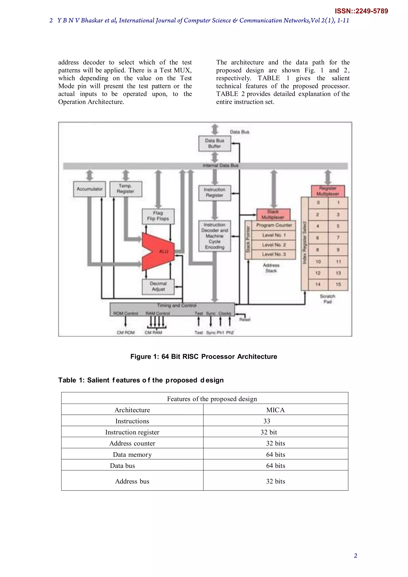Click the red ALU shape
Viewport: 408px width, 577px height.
158,252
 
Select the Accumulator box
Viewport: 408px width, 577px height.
90,189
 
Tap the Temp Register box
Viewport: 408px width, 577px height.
126,189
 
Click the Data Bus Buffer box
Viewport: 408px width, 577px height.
215,144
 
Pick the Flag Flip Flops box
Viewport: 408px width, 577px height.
158,216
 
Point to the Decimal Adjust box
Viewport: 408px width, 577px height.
158,286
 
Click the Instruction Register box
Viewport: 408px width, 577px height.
215,193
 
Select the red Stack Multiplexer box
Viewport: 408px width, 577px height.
273,214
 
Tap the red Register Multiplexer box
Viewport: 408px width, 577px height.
328,191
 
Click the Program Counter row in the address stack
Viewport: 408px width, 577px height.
274,225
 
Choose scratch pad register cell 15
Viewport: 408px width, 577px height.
338,284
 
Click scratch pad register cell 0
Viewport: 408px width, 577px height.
318,202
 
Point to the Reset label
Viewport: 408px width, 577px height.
245,320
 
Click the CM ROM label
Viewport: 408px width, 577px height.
126,333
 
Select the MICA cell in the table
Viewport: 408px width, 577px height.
275,410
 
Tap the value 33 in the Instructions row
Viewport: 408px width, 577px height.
267,421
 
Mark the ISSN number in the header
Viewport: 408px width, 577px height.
361,11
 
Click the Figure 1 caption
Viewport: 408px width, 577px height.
203,357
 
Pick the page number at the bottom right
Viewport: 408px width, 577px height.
355,556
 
